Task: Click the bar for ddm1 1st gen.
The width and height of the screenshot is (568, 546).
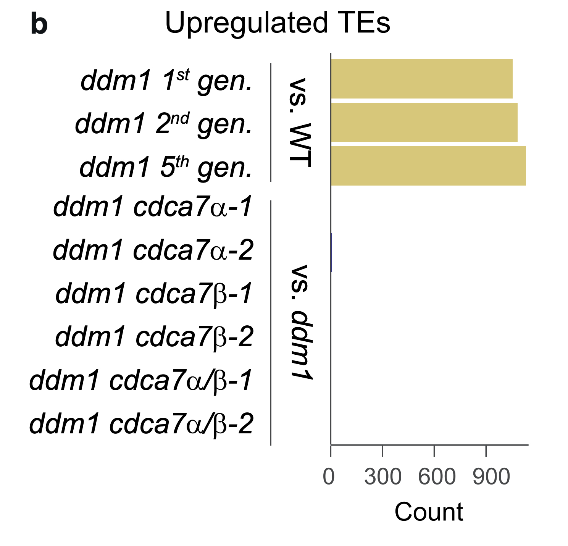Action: [421, 79]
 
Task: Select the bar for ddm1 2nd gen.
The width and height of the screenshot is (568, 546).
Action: [424, 123]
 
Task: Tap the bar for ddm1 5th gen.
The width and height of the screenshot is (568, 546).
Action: [428, 166]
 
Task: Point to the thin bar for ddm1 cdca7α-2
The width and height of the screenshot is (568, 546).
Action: [331, 252]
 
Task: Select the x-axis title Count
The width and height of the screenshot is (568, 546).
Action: [429, 512]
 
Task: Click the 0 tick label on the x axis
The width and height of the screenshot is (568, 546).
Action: [329, 477]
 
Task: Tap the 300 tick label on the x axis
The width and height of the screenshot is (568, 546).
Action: [382, 477]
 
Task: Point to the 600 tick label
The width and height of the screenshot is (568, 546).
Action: [437, 477]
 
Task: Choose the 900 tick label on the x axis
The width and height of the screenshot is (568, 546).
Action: [491, 477]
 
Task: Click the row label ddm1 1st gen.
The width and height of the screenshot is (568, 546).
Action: [166, 81]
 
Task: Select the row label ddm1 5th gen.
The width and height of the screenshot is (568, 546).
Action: [166, 167]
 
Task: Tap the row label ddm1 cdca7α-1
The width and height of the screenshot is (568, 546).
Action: [153, 207]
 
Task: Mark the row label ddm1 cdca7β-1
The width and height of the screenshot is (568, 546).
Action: [154, 294]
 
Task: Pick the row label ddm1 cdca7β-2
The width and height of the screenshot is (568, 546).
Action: [154, 337]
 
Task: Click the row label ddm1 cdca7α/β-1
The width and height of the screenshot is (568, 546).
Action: [141, 380]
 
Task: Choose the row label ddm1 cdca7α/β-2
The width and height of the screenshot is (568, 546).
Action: [141, 423]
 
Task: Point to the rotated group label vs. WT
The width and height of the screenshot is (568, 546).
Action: [300, 123]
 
